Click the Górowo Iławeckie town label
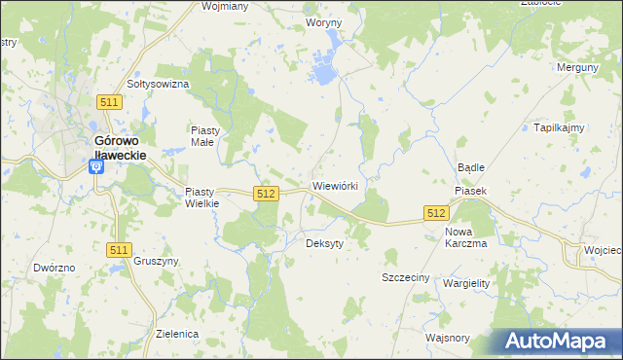pyautogui.click(x=120, y=146)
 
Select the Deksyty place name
pyautogui.click(x=324, y=243)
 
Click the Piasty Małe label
pyautogui.click(x=207, y=135)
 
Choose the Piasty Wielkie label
pyautogui.click(x=203, y=198)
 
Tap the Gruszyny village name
pyautogui.click(x=156, y=261)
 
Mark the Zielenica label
pyautogui.click(x=177, y=334)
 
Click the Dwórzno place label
pyautogui.click(x=54, y=267)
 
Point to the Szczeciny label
pyautogui.click(x=406, y=277)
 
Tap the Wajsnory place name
pyautogui.click(x=448, y=339)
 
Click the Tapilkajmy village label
pyautogui.click(x=558, y=127)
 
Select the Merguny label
pyautogui.click(x=575, y=67)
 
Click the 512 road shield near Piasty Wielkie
pyautogui.click(x=265, y=195)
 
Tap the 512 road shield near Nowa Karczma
pyautogui.click(x=435, y=213)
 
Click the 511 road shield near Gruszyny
pyautogui.click(x=119, y=250)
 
